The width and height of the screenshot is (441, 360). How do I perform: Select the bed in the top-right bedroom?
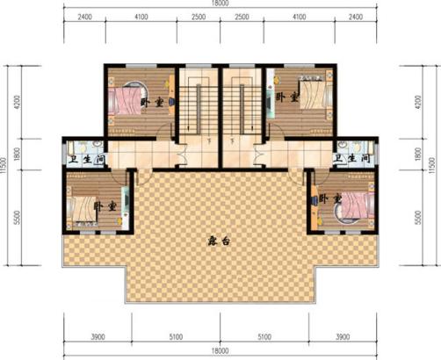(x=308, y=94)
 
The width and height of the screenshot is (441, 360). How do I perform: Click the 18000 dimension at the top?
(x=220, y=4)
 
